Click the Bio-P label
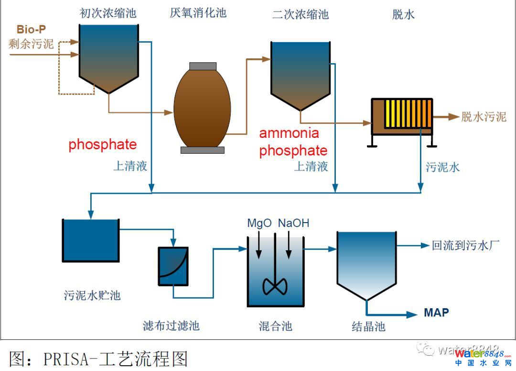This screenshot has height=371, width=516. tap(32, 29)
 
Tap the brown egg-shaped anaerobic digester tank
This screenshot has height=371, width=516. tap(202, 107)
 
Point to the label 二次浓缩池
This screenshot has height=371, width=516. tap(300, 14)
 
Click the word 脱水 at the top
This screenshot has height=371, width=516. tap(403, 14)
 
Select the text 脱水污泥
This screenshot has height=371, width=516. tap(483, 117)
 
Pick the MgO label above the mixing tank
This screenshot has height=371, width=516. tap(259, 223)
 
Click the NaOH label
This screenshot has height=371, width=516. tap(293, 223)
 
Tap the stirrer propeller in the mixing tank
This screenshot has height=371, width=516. tap(275, 286)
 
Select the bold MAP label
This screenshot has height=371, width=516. tap(436, 313)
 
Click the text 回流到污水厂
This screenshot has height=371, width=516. tap(465, 246)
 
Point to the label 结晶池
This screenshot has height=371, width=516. tap(368, 327)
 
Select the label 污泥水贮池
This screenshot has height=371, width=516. tap(92, 295)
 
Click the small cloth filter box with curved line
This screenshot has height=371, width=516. tap(173, 266)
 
